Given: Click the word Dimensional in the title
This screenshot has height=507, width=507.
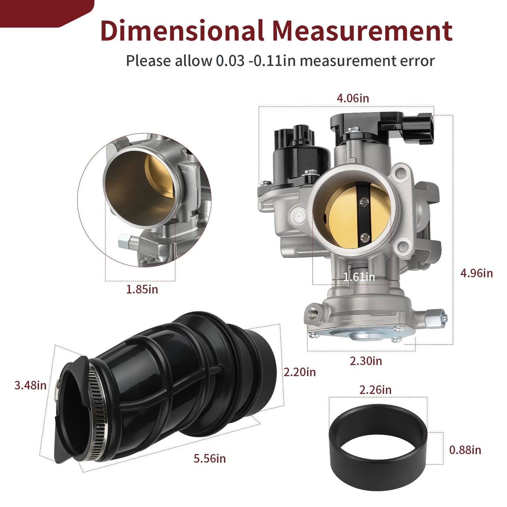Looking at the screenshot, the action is pos(182,31).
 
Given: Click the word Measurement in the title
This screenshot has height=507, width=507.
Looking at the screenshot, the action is pos(362,31).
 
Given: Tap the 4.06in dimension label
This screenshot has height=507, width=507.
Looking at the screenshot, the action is pos(353,98).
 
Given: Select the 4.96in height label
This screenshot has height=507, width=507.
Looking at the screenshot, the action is pos(476,273).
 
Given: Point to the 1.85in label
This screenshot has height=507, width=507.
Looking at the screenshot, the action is pos(142,289).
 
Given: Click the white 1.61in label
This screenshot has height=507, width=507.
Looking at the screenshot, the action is pos(359,277).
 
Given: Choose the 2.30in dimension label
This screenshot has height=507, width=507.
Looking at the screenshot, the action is pos(366,361).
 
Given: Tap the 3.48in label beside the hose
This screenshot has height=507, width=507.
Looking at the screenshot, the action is pos(30,386).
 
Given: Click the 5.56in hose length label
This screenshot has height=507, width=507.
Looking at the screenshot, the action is pos(210,459).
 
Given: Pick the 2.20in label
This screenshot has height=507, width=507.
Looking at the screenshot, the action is pos(300,372).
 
